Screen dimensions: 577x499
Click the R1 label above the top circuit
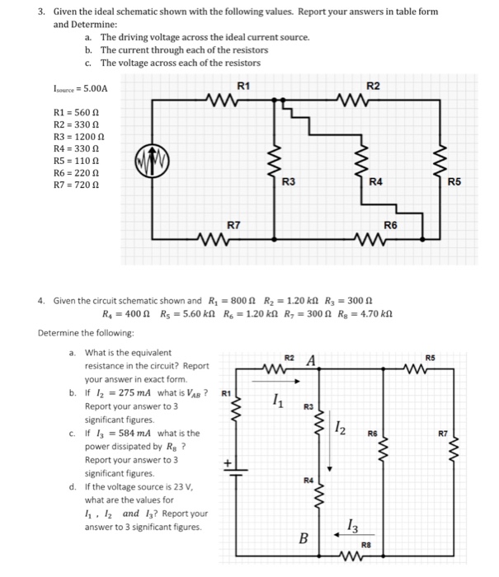coord(242,85)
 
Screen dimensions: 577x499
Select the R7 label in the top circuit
coord(234,224)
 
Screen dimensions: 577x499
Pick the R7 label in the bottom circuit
coord(443,431)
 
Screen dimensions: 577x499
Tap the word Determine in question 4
coord(59,333)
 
